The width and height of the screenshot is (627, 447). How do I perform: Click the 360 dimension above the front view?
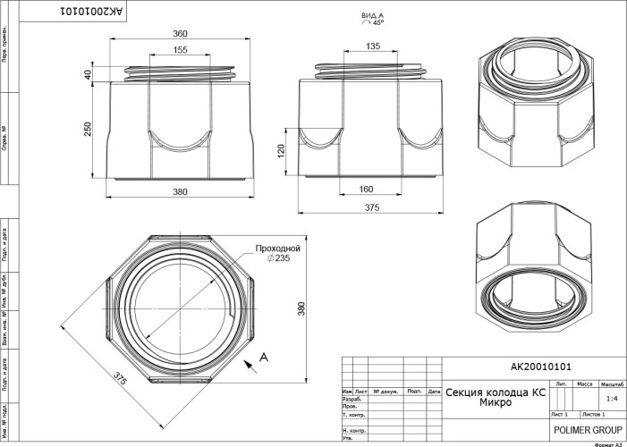tap(180, 34)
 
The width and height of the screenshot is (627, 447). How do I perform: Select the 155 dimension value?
tap(180, 51)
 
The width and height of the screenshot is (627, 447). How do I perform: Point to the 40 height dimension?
tap(89, 75)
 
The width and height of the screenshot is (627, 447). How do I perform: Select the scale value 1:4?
tap(612, 400)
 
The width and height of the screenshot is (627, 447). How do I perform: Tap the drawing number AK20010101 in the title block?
tap(540, 367)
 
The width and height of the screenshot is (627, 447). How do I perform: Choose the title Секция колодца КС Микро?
tap(495, 398)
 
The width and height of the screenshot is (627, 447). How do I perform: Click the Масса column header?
tap(586, 383)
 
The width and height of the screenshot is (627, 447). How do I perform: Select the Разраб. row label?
tap(352, 400)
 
